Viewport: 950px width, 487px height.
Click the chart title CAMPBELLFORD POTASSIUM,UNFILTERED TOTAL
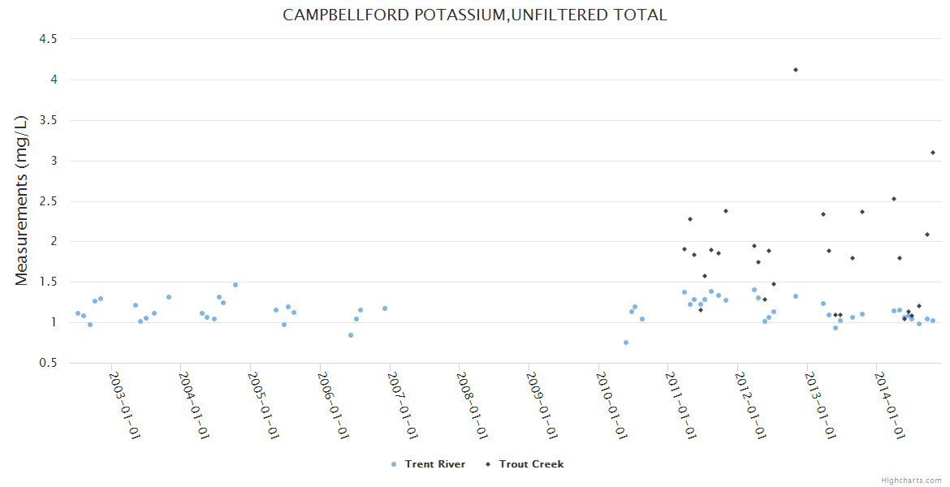474,15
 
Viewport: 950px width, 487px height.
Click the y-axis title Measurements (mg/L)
22,200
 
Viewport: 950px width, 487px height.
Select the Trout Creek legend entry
530,464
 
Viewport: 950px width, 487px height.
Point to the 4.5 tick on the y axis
48,39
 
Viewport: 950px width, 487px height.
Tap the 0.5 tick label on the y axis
48,363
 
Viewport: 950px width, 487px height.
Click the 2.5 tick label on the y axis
48,201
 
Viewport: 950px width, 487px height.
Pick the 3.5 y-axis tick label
48,120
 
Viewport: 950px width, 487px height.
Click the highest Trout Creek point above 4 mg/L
796,70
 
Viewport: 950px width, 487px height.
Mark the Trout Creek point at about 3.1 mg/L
933,153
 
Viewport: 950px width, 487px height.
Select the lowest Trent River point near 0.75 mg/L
626,343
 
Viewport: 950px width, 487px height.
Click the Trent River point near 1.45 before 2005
235,285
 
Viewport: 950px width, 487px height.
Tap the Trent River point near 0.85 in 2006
351,335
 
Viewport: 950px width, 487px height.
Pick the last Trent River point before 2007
385,308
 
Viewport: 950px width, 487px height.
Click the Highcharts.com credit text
912,480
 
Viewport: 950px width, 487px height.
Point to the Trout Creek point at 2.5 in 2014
894,199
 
